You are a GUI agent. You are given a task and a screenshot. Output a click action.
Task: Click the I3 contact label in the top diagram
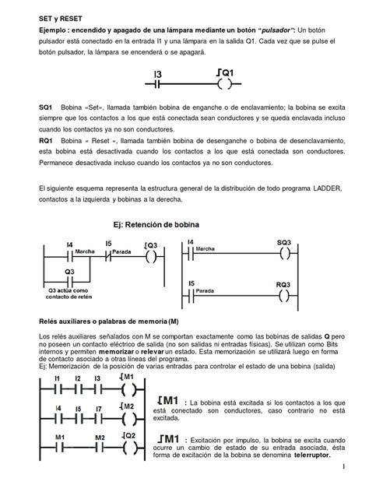[x=157, y=74]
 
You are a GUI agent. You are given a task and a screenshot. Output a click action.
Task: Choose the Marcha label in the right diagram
[x=205, y=249]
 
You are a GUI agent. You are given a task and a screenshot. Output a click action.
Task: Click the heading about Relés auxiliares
[x=107, y=320]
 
